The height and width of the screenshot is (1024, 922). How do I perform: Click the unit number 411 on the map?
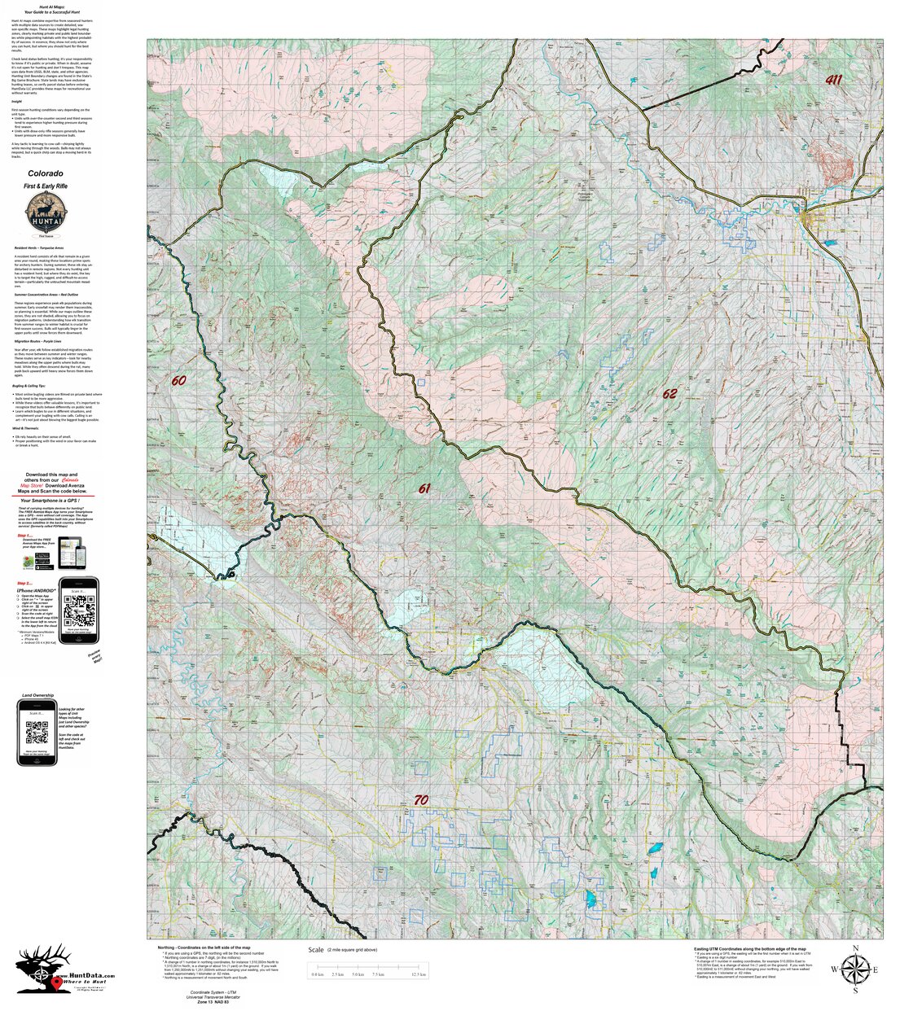coord(833,80)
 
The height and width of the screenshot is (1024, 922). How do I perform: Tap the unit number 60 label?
coord(179,380)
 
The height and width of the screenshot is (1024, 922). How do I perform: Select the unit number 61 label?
coord(424,488)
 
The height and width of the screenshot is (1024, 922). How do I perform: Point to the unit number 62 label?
coord(670,394)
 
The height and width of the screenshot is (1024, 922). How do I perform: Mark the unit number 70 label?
coord(420,800)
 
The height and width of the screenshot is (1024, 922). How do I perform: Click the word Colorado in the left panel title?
coord(46,173)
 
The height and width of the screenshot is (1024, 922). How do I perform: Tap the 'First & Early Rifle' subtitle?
coord(46,187)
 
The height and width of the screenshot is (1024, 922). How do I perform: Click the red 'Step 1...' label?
coord(25,536)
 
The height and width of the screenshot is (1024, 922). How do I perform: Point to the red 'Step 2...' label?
coord(25,584)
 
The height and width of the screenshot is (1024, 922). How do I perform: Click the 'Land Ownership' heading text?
coord(37,696)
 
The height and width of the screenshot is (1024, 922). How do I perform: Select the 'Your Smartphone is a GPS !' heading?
coord(52,501)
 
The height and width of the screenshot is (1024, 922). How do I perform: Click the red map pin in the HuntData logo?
coord(55,983)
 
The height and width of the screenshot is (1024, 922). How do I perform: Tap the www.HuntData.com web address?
coord(85,975)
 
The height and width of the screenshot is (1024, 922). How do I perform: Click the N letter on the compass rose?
coord(855,948)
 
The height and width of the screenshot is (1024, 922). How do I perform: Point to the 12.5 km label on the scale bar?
coord(419,974)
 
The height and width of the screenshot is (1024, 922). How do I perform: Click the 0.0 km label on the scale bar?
coord(318,974)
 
